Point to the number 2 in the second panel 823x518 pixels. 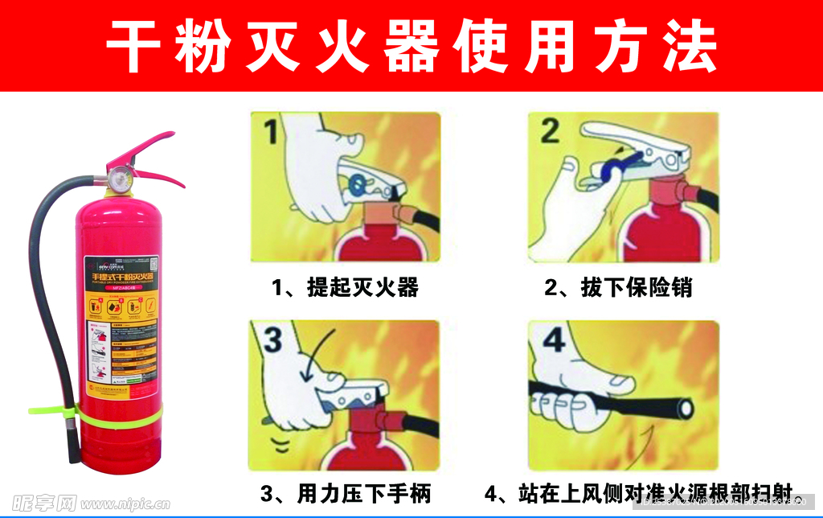pyautogui.click(x=550, y=130)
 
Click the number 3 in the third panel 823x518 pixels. pyautogui.click(x=273, y=341)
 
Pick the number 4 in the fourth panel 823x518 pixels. pyautogui.click(x=554, y=341)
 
